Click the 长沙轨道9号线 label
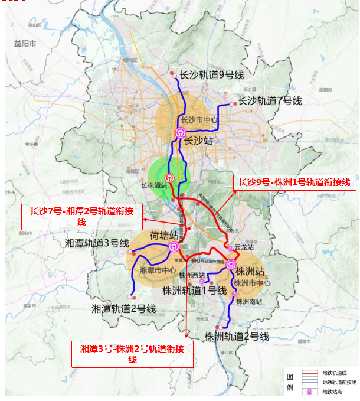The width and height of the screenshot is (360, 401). [x=211, y=75]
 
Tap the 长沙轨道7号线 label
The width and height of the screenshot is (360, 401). [x=270, y=101]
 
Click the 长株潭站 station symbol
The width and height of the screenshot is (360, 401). [x=169, y=176]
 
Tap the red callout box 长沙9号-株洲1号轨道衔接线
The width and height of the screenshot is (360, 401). [x=294, y=182]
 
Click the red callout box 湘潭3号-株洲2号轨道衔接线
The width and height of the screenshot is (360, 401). [x=132, y=354]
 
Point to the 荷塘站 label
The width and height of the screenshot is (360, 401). [x=165, y=235]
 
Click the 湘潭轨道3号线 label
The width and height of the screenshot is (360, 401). [x=97, y=243]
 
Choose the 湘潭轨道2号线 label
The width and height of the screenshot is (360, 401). [x=123, y=308]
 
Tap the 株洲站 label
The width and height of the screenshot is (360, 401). [x=250, y=272]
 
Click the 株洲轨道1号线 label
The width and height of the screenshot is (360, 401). [x=195, y=290]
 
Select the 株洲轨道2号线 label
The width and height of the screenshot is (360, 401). [x=237, y=337]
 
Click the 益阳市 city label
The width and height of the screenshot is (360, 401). [x=25, y=44]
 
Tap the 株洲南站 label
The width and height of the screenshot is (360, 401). [x=248, y=301]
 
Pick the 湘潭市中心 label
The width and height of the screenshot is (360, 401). [x=159, y=270]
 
